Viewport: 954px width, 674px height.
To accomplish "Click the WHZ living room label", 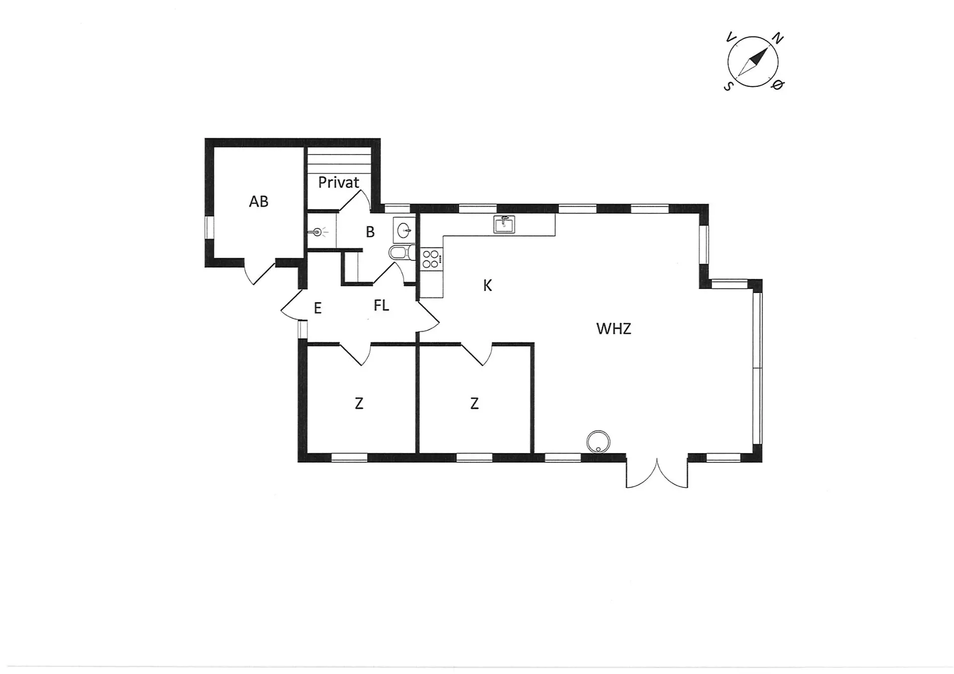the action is click(x=614, y=329).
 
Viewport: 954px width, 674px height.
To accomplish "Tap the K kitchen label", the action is click(x=487, y=286).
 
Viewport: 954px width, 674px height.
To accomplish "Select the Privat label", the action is click(x=338, y=182).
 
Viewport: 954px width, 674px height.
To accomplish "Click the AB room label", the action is click(x=258, y=201).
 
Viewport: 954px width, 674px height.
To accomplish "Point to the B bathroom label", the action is click(x=370, y=232).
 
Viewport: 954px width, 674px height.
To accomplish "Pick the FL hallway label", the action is click(x=381, y=305).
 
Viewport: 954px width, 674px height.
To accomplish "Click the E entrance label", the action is click(x=318, y=308).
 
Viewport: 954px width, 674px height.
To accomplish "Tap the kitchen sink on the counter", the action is click(x=504, y=224).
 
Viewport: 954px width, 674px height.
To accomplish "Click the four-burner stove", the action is click(x=431, y=259).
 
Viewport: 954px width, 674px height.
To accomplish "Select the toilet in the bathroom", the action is click(x=402, y=253).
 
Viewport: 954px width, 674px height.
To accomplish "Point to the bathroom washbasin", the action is click(x=404, y=229).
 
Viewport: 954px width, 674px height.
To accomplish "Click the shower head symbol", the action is click(x=318, y=232).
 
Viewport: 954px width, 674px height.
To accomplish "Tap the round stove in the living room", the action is click(x=598, y=442).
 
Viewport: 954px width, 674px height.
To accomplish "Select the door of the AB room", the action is click(x=259, y=272).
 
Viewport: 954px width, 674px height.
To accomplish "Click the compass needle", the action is click(x=753, y=62).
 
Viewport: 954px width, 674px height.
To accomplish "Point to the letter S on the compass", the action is click(x=728, y=86).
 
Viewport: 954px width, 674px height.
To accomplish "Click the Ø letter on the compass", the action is click(x=778, y=85).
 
